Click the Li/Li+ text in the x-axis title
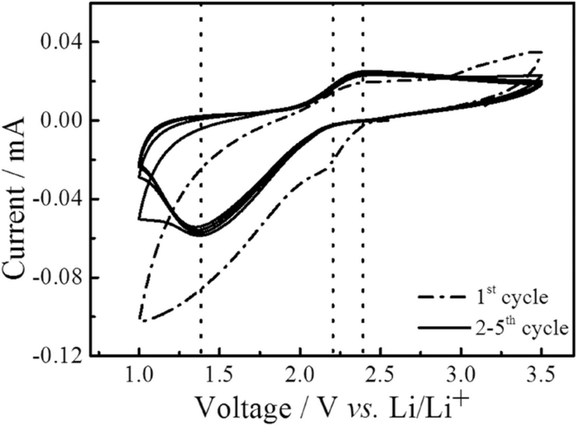pyautogui.click(x=430, y=406)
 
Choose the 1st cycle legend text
pyautogui.click(x=511, y=298)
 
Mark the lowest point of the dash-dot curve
pyautogui.click(x=144, y=321)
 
